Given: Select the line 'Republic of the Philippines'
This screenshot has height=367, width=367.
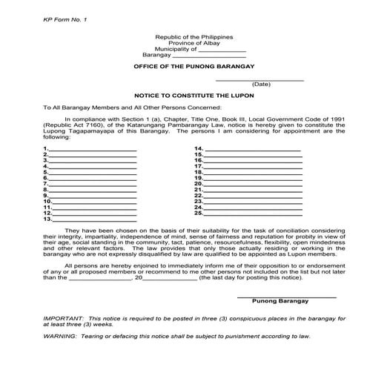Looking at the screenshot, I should coord(194,36).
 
